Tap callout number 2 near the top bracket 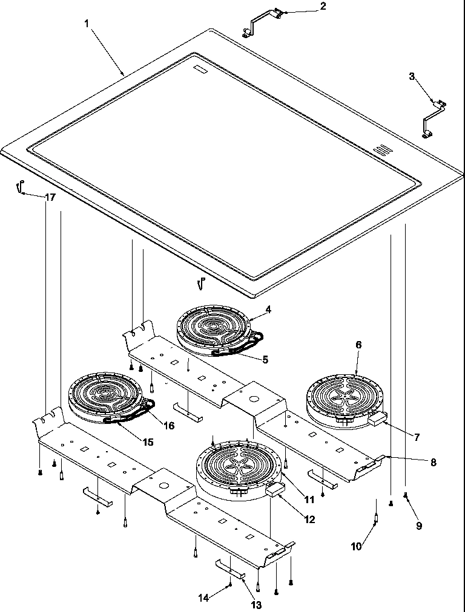tap(323, 7)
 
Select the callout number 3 tap(412, 76)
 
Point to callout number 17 tap(50, 197)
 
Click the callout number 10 tap(357, 546)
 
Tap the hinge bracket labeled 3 tap(433, 119)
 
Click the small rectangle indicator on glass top tap(200, 70)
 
